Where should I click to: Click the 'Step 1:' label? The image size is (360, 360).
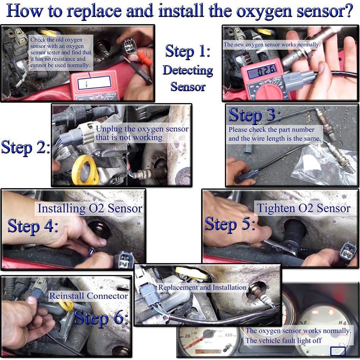[187, 51]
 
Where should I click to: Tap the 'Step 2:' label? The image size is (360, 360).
[25, 148]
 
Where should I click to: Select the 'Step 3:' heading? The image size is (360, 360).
[254, 115]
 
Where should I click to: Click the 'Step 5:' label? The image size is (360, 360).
[230, 224]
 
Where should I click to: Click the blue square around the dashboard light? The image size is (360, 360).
[338, 351]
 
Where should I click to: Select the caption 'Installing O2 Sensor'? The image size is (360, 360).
[90, 208]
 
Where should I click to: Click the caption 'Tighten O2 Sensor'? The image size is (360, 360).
[303, 208]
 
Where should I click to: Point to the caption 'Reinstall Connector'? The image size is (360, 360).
[89, 296]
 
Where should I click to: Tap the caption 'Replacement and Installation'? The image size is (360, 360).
[202, 288]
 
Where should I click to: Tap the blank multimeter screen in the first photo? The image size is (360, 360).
[94, 83]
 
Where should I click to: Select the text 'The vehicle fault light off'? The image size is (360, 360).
[283, 340]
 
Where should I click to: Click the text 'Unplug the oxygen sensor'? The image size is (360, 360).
[142, 129]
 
